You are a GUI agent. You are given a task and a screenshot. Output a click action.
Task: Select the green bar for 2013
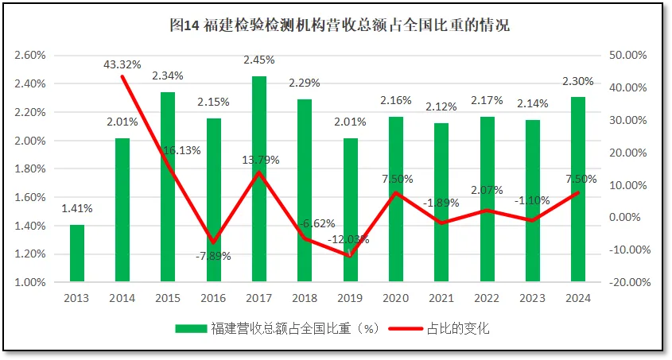click(x=77, y=253)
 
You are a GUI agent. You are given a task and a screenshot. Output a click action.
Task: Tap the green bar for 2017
click(x=259, y=179)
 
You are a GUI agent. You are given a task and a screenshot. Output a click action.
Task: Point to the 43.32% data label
click(x=122, y=64)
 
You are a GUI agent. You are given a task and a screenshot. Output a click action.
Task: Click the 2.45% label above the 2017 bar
click(x=259, y=60)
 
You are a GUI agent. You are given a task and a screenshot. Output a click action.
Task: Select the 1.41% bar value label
click(x=77, y=208)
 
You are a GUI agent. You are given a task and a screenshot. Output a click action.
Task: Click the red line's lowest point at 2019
click(x=351, y=255)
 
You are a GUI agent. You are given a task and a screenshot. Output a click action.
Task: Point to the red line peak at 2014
click(x=122, y=75)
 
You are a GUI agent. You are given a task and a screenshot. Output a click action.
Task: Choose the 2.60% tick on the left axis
click(x=29, y=56)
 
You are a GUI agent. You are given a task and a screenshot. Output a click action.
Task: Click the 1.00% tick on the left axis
click(x=29, y=282)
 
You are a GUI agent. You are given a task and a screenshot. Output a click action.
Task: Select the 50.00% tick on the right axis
click(x=628, y=56)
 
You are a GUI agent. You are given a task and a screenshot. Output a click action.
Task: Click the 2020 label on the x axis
click(x=396, y=298)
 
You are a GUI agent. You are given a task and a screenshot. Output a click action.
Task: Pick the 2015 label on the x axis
click(x=168, y=298)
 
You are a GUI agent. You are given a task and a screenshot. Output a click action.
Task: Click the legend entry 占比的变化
click(x=458, y=328)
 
